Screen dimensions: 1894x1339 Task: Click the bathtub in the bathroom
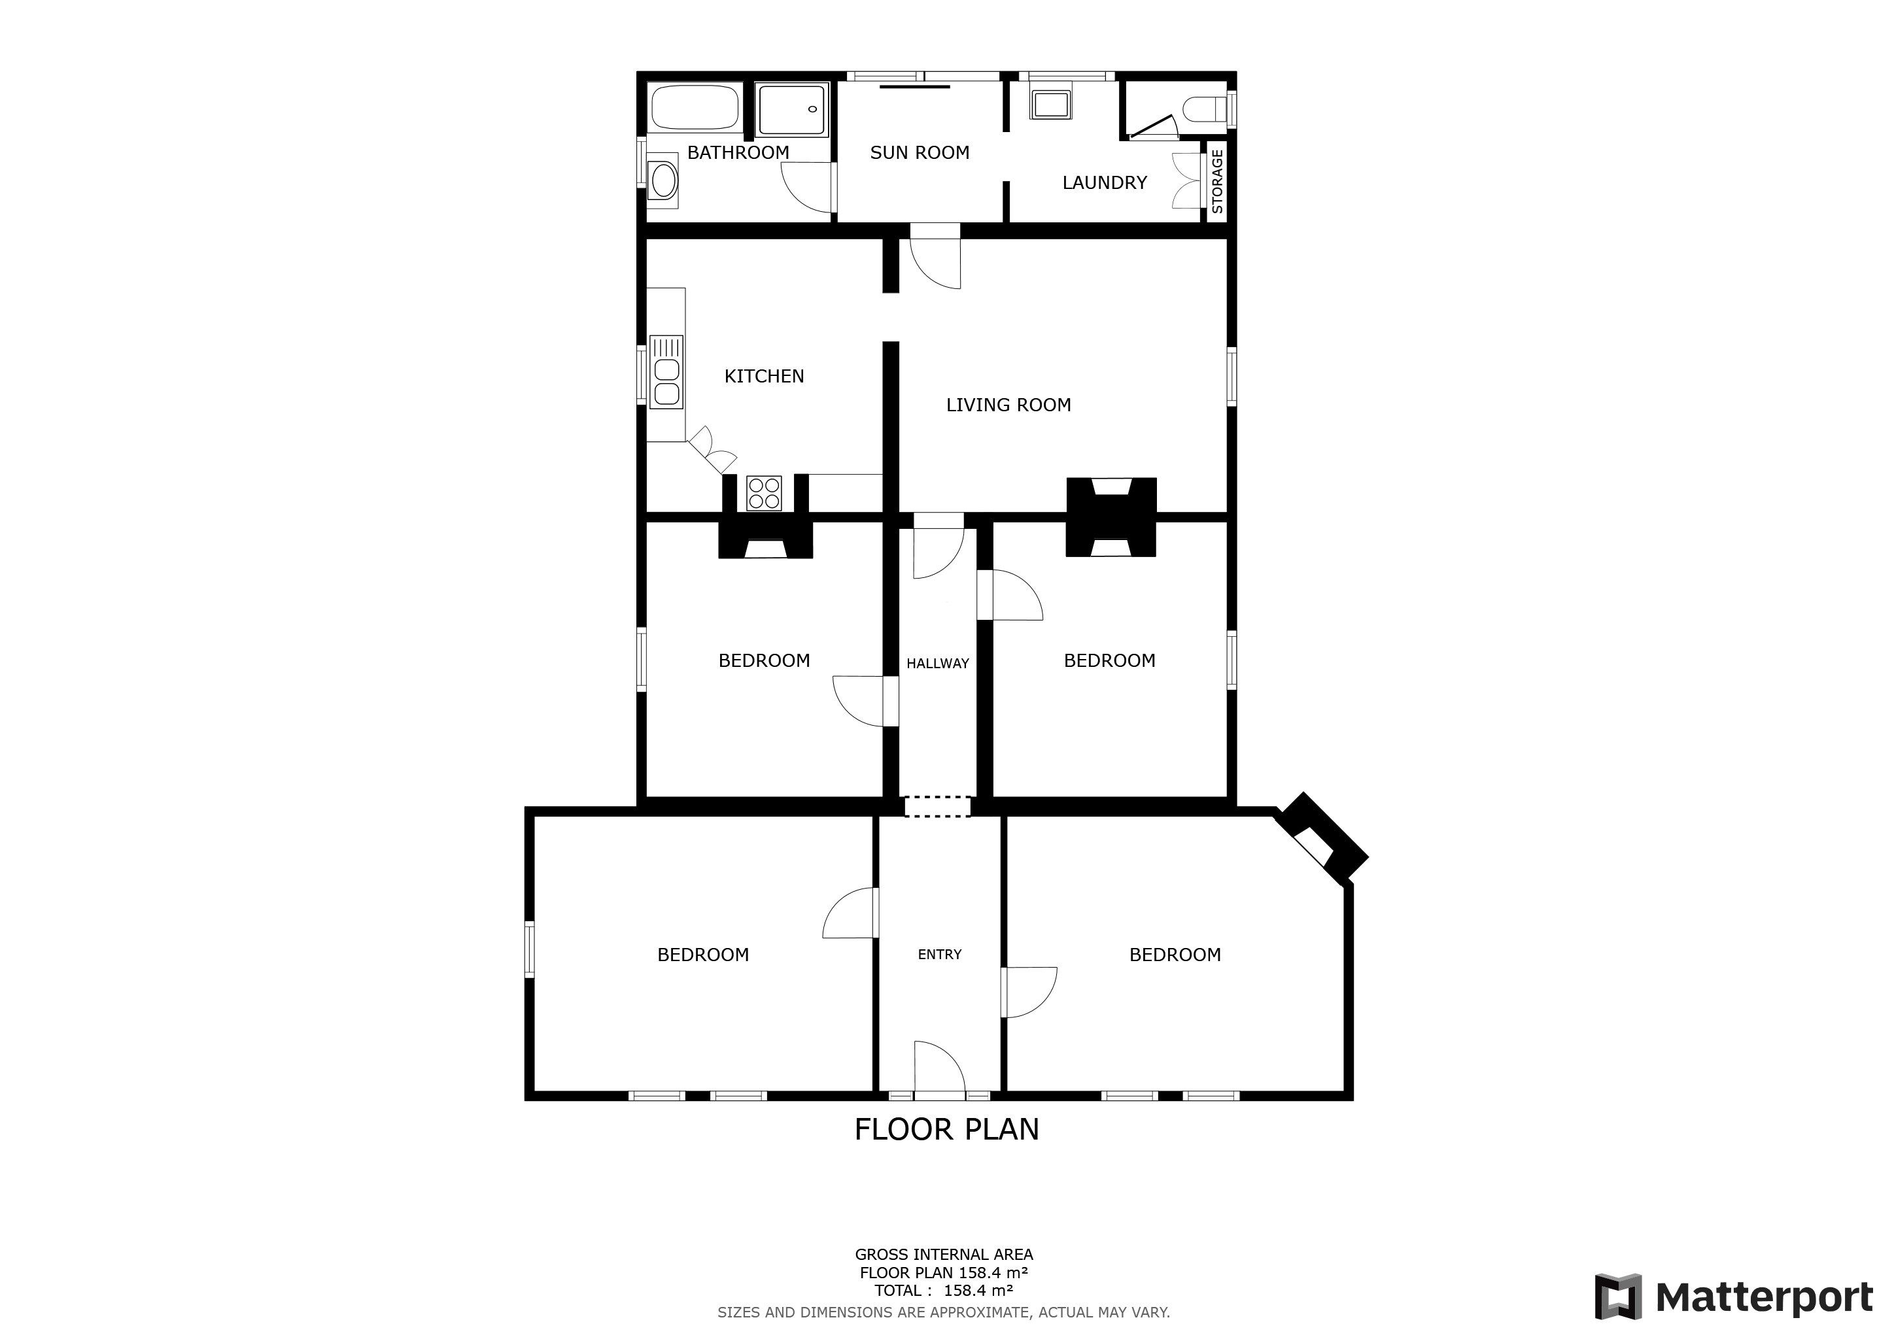tap(695, 108)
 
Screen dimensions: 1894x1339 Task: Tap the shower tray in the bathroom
tap(791, 110)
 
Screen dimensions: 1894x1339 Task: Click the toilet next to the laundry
tap(1205, 110)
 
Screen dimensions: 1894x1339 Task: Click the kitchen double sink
tap(666, 372)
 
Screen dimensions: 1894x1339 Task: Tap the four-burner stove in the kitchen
tap(764, 493)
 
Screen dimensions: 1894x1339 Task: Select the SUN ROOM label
tap(920, 152)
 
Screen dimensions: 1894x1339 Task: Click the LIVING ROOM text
tap(1008, 405)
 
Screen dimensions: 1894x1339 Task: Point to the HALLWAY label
tap(938, 663)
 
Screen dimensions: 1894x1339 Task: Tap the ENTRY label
tap(940, 954)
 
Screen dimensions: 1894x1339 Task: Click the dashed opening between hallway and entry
tap(938, 806)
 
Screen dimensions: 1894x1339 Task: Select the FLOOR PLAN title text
tap(946, 1130)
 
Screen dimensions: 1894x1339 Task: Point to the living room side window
tap(1231, 376)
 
